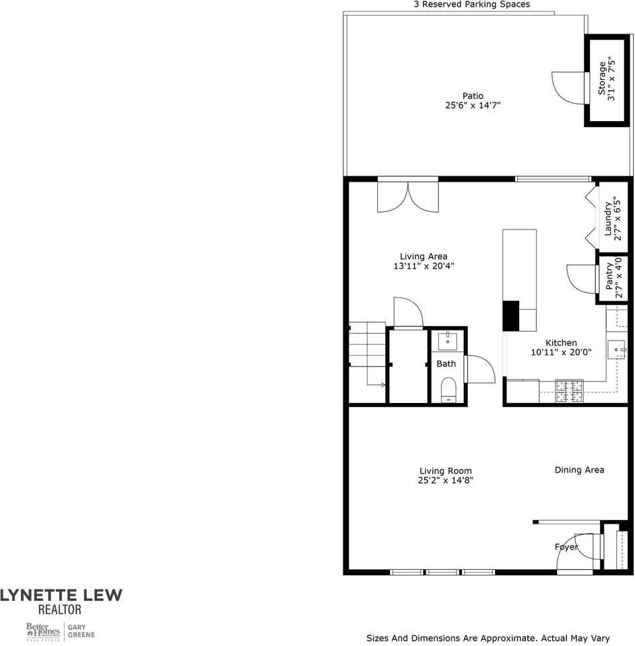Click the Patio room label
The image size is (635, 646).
coord(472,96)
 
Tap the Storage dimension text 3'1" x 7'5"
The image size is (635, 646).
coord(611,79)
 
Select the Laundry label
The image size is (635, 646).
coord(607,219)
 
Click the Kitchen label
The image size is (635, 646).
coord(561,343)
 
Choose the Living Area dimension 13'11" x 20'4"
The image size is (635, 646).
coord(423,266)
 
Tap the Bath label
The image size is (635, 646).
coord(446,363)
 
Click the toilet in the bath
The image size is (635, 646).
coord(448,390)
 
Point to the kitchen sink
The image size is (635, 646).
coord(616,351)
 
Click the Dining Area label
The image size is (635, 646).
coord(579,470)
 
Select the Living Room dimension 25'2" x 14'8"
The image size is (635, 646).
coord(445,480)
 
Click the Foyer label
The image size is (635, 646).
coord(566,547)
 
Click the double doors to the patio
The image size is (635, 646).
coord(408,197)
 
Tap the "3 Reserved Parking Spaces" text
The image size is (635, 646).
coord(471,4)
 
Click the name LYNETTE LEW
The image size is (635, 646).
coord(61,595)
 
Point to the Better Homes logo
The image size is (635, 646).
coord(43,631)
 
